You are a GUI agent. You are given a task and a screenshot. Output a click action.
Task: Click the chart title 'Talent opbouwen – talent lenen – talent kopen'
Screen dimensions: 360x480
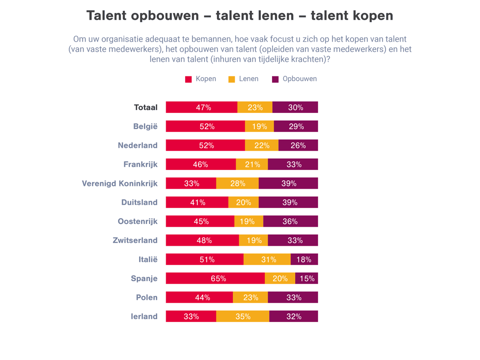(240, 16)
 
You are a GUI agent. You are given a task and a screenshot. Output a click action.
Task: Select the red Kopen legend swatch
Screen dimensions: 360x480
(188, 79)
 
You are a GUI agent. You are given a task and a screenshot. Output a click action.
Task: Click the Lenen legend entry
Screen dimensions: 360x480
(243, 79)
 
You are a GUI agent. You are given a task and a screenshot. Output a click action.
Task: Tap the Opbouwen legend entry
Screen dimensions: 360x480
(294, 79)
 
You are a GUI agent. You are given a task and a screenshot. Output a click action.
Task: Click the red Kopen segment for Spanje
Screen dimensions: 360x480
(215, 278)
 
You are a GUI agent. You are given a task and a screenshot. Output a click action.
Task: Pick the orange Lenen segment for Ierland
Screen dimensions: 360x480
(242, 316)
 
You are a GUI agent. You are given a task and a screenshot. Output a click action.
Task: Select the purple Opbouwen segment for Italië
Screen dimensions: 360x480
(304, 259)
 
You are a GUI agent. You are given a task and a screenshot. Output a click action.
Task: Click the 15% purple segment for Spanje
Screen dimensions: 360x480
(306, 278)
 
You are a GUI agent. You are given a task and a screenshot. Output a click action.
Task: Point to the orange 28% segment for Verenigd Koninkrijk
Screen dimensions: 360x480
(237, 183)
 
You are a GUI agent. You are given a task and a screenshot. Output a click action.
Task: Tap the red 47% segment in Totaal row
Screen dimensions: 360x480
(202, 107)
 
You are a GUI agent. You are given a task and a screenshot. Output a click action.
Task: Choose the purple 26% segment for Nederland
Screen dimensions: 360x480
(298, 145)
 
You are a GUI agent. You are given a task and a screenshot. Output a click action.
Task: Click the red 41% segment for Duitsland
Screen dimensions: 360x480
(197, 202)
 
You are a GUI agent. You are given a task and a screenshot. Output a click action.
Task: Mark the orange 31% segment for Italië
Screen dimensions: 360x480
(267, 259)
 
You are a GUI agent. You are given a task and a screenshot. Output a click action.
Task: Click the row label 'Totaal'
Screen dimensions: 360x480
(146, 107)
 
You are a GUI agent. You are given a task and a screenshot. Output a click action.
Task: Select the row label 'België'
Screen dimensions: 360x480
(145, 126)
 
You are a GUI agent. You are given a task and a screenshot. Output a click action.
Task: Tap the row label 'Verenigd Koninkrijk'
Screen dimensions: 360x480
(120, 183)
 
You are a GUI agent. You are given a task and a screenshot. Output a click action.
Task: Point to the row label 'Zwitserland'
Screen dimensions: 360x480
(135, 240)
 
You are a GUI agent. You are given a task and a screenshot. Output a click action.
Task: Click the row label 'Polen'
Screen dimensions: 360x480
(146, 297)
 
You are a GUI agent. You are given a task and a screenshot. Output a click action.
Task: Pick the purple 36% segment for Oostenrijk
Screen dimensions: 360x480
(290, 221)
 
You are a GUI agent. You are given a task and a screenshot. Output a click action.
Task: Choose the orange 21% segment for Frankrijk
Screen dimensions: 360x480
(252, 164)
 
